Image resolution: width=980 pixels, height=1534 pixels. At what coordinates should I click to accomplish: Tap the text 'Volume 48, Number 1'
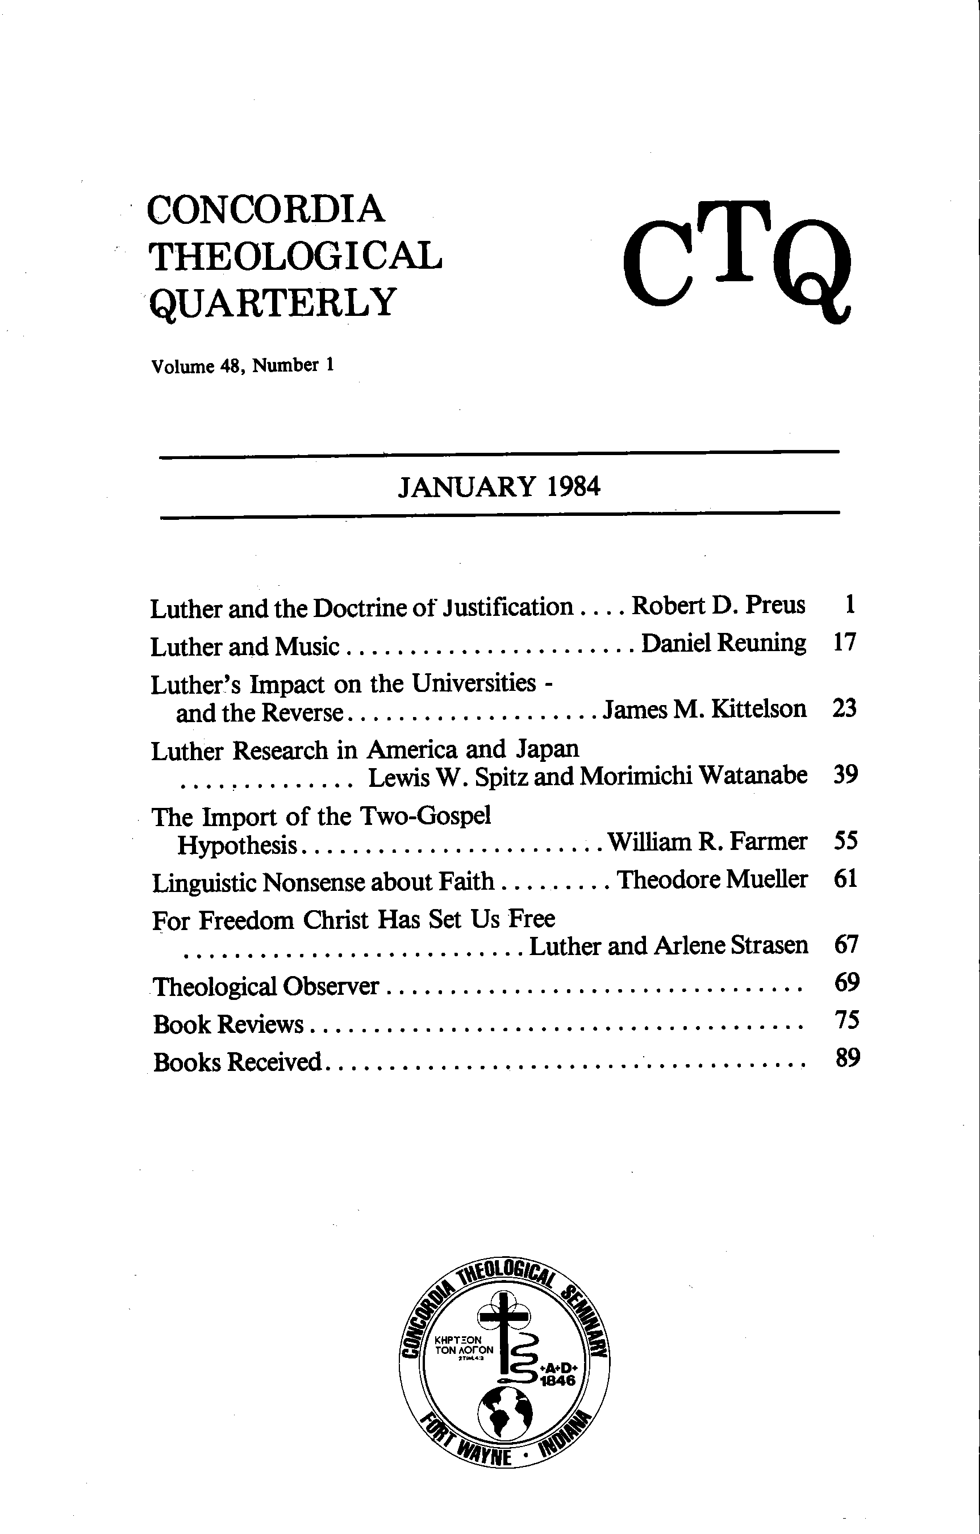[x=242, y=366]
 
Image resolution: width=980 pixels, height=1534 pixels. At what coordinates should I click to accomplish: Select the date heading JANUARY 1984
[x=499, y=487]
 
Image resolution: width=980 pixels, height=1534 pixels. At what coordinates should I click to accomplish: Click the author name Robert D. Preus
[x=718, y=605]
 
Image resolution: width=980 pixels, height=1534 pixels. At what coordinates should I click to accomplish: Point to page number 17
[x=844, y=642]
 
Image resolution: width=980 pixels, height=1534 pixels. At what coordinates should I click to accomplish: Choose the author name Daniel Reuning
[x=723, y=643]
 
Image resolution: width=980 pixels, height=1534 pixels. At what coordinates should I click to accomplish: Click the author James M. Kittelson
[x=704, y=709]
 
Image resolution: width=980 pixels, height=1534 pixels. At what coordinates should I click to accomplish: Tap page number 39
[x=845, y=774]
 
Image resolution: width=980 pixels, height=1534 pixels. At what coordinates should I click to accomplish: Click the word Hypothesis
[x=237, y=845]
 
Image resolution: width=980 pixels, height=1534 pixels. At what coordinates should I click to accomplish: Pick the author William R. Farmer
[x=707, y=841]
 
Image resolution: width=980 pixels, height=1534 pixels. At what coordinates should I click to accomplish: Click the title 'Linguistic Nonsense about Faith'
[x=323, y=882]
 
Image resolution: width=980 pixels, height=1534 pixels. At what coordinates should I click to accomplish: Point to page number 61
[x=845, y=879]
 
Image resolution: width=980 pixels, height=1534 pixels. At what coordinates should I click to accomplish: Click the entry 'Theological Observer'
[x=266, y=987]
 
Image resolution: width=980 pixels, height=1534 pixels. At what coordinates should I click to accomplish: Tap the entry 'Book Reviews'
[x=229, y=1024]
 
